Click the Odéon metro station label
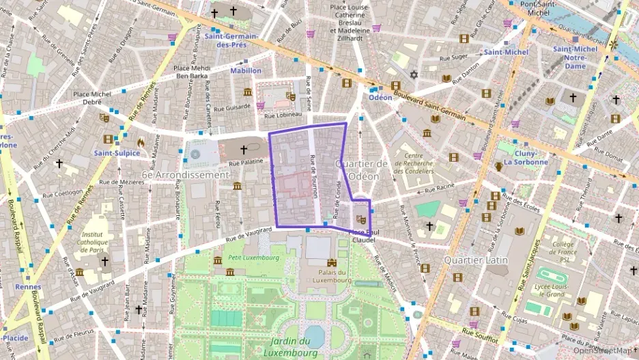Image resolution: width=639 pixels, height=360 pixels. [x=380, y=97]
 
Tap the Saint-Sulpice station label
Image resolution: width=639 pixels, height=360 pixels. [x=117, y=153]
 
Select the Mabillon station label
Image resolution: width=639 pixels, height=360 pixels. [x=245, y=70]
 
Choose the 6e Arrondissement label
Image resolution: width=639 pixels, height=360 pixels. [x=185, y=175]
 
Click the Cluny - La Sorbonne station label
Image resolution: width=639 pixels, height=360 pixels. [x=526, y=158]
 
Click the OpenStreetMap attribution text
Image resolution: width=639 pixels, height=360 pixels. [x=603, y=350]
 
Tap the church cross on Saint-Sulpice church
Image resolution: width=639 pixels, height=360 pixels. [x=243, y=149]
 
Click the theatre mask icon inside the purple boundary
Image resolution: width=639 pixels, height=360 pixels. [x=362, y=219]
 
